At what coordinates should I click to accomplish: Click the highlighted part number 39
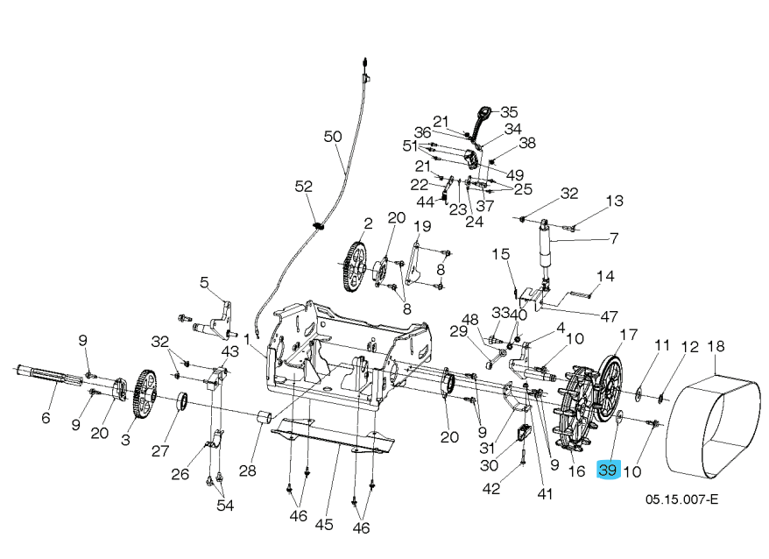coord(608,471)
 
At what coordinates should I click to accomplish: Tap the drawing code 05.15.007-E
coord(681,500)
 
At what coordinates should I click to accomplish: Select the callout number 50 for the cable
coord(333,137)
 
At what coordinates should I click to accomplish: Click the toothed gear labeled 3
coord(142,399)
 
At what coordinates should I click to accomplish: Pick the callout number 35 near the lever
coord(509,111)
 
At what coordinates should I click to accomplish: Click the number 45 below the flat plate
coord(324,525)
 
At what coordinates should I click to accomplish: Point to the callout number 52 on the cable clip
coord(303,187)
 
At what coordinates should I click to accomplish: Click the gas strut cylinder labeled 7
coord(546,246)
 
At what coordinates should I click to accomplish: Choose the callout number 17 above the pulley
coord(629,335)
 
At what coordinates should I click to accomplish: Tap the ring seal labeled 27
coord(184,402)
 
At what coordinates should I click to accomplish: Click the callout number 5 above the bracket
coord(204,282)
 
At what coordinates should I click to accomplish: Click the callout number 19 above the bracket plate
coord(422,226)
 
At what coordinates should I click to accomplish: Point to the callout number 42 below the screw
coord(492,488)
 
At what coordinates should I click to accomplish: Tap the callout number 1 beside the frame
coord(248,337)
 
